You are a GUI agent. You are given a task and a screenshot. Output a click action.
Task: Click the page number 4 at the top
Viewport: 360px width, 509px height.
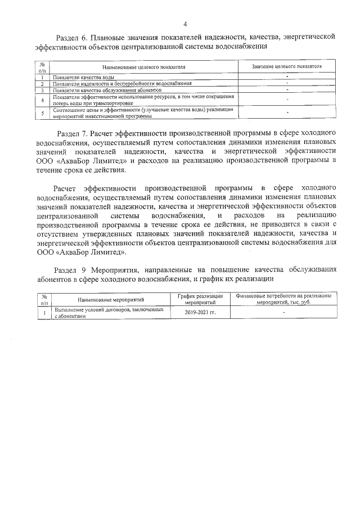pos(184,23)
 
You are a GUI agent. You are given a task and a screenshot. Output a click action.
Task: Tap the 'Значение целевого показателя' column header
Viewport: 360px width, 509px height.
pos(287,66)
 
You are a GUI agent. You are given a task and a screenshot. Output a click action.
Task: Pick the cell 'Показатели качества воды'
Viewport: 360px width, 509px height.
pos(84,76)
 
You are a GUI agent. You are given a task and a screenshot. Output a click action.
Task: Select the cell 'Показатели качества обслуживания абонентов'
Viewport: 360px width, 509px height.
pos(107,89)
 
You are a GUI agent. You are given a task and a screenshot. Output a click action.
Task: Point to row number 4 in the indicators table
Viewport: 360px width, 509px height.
pos(42,100)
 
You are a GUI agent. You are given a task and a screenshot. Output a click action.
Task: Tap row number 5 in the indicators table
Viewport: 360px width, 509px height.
pos(42,113)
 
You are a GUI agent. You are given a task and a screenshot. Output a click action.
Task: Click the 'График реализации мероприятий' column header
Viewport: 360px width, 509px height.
pos(200,299)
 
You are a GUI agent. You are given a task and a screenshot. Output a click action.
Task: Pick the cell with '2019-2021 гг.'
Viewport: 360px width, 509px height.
pos(200,313)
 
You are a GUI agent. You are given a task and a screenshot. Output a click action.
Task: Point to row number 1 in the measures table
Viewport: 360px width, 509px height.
pos(43,313)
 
